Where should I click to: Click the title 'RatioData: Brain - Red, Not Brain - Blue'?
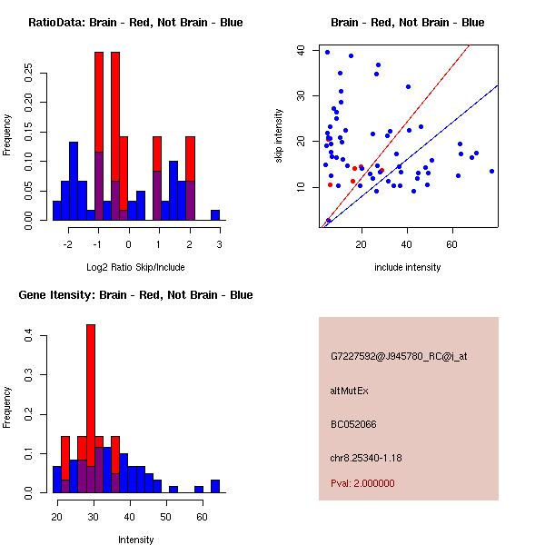tap(134, 23)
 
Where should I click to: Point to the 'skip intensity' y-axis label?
tap(279, 136)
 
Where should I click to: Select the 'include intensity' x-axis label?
tap(408, 267)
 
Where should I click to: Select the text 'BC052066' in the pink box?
tap(352, 423)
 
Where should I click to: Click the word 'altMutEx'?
tap(350, 391)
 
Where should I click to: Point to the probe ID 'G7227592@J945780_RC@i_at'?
tap(399, 357)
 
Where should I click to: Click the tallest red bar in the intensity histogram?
tap(91, 381)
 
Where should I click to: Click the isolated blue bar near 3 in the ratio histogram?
tap(215, 215)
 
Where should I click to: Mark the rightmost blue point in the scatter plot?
tap(491, 171)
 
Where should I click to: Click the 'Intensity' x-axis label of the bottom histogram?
tap(135, 540)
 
